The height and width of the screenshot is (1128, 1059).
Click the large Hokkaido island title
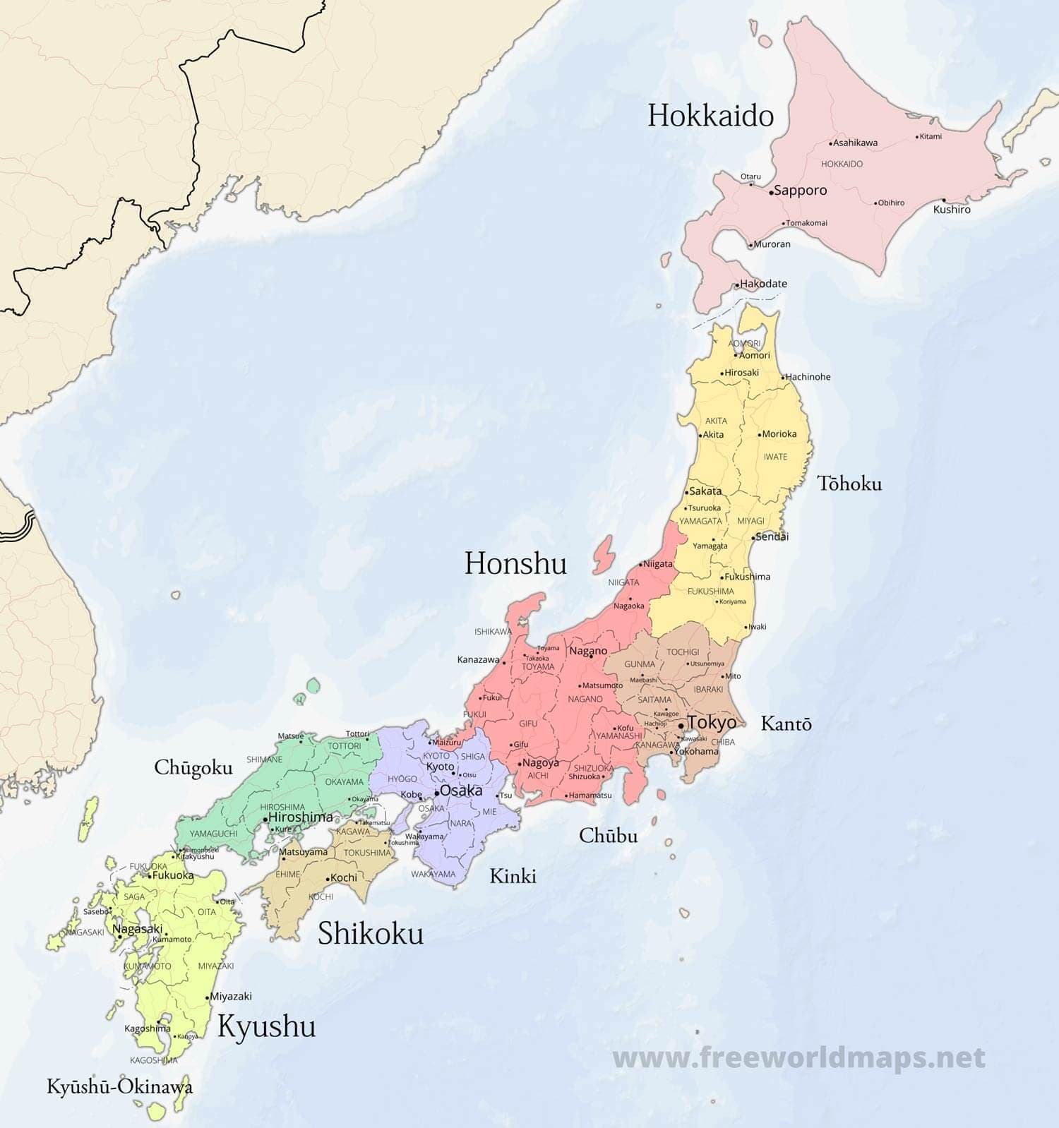[x=710, y=116]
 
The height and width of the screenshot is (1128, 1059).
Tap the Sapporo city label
[x=800, y=191]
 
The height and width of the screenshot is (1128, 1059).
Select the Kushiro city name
[x=952, y=210]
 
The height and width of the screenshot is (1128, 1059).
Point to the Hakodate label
[x=763, y=284]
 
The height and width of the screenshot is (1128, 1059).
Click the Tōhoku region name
[x=849, y=484]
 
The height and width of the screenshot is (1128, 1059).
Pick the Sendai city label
[x=772, y=536]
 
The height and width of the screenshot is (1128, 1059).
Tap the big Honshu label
[x=515, y=563]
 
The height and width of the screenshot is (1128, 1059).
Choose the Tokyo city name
[x=712, y=722]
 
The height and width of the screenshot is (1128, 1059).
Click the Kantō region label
[x=786, y=724]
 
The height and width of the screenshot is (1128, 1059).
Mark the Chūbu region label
[x=608, y=836]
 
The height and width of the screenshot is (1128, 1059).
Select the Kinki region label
[x=513, y=876]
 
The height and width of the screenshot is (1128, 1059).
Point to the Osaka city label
[x=461, y=791]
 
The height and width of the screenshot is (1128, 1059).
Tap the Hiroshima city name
[x=300, y=817]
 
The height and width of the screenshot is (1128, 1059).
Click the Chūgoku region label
[x=193, y=768]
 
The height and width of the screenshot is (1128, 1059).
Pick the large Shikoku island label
[x=371, y=933]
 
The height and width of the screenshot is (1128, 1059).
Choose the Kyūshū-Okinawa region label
[x=119, y=1086]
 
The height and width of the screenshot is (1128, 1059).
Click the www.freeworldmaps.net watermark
[x=798, y=1057]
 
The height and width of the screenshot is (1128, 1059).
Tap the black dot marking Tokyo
[x=681, y=725]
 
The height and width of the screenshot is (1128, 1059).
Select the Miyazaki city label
[x=231, y=997]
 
